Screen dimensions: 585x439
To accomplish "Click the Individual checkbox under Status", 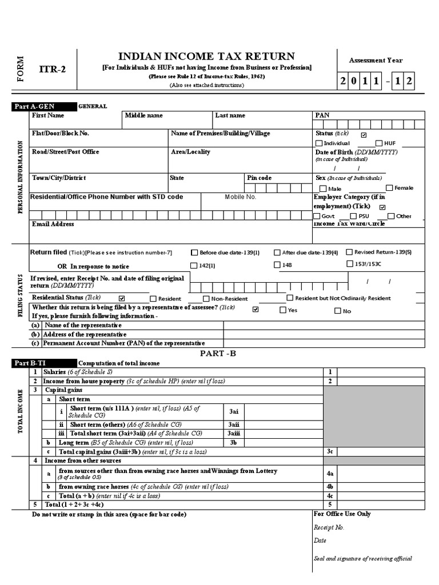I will [x=320, y=143].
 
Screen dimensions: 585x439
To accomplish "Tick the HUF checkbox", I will [x=379, y=143].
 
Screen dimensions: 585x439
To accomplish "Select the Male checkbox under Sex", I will [x=324, y=189].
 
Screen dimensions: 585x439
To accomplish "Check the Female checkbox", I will [x=389, y=188].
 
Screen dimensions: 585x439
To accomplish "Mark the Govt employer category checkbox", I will [x=317, y=217].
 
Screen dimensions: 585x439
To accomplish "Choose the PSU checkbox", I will [x=353, y=217].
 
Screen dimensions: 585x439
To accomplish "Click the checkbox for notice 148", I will [x=277, y=265].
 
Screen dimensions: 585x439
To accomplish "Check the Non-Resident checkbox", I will [x=206, y=299].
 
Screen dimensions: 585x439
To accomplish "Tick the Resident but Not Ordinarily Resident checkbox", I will [x=290, y=298].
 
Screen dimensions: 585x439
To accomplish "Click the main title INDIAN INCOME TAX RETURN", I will [x=206, y=56].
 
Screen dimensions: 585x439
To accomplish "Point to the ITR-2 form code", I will [x=52, y=70].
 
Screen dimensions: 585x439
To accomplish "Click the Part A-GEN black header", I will [x=43, y=106].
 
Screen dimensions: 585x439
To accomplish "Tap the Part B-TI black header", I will [x=43, y=363].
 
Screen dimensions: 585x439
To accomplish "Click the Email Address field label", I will [x=53, y=225].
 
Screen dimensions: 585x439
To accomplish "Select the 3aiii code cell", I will [x=234, y=434].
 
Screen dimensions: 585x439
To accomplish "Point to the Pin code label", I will [x=259, y=178].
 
